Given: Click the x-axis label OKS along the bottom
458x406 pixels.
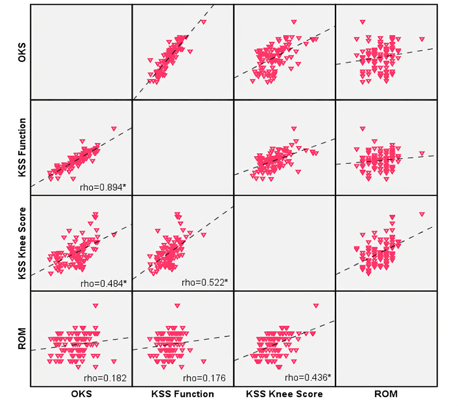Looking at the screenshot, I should coord(81,394).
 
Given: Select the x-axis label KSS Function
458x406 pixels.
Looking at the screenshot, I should coord(182,394).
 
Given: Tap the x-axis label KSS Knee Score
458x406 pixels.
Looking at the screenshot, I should coord(284,394).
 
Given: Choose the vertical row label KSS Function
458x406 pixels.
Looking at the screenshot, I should coord(21,147).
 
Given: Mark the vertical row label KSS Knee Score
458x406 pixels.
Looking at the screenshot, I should coord(21,242).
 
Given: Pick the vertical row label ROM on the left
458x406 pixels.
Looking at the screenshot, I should coord(21,338).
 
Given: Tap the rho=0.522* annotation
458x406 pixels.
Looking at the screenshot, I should coord(204,283).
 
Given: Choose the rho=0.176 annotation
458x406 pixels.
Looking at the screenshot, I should coord(204,378).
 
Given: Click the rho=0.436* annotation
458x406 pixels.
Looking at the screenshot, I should coord(306,378).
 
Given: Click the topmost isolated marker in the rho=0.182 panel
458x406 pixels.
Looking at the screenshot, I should coord(95,305).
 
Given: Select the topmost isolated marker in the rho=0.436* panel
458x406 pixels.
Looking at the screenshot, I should coord(316,305).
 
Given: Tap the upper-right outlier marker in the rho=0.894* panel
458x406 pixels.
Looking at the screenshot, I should coord(114,128).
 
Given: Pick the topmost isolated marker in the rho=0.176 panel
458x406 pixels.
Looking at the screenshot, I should coord(177,305).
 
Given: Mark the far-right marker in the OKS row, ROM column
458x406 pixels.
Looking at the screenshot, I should coord(422,39).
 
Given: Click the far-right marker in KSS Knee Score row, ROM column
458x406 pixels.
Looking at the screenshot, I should coord(422,214).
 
